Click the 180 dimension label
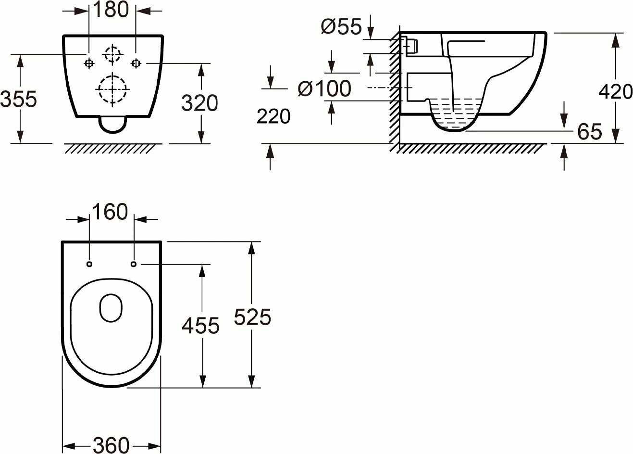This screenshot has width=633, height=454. (111, 10)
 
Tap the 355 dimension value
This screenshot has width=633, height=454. (19, 99)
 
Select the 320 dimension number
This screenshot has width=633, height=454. (199, 103)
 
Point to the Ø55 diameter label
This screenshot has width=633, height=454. (341, 26)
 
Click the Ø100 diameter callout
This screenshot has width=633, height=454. (324, 88)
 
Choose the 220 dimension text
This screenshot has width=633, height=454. (273, 116)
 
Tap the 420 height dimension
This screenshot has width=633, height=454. (616, 91)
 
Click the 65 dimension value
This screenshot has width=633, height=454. (589, 132)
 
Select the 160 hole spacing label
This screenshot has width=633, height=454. (110, 212)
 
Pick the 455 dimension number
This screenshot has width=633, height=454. (200, 326)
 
